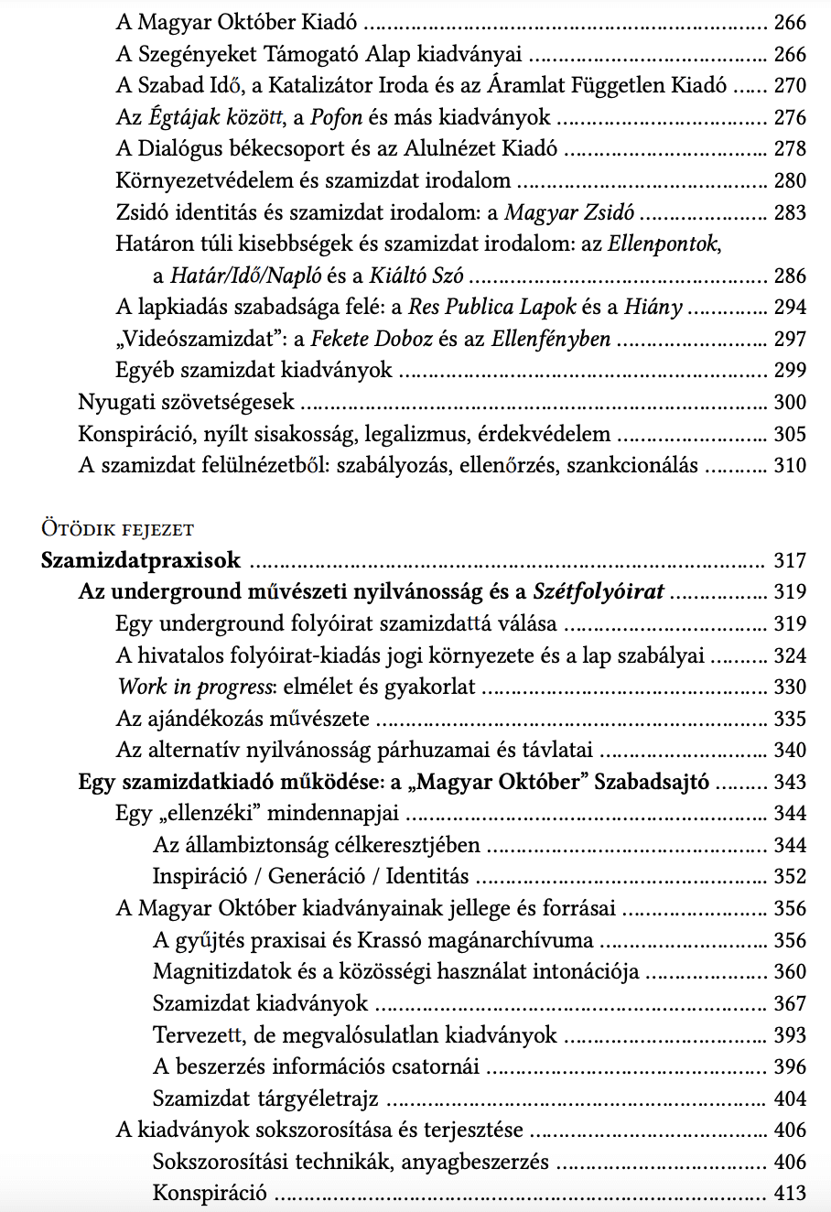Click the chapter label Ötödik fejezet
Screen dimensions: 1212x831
117,529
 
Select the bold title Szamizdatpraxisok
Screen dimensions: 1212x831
141,560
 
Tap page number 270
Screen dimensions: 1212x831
790,86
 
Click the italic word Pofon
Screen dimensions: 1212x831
337,117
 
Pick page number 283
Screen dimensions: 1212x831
790,212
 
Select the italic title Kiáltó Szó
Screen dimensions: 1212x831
416,276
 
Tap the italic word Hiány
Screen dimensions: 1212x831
653,308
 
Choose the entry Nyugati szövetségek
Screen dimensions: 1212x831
186,402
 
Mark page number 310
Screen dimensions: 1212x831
790,465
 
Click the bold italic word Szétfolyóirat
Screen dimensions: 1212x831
599,591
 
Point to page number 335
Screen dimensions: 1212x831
790,719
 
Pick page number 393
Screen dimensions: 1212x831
790,1035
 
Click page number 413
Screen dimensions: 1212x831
790,1193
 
